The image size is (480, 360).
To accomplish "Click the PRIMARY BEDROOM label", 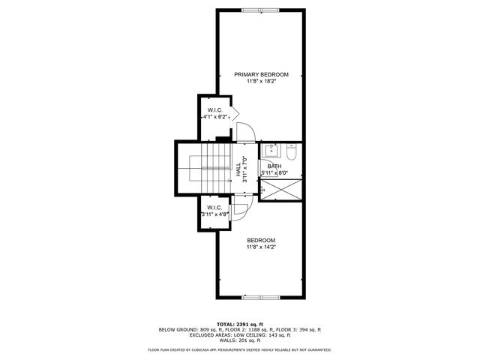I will coord(261,74).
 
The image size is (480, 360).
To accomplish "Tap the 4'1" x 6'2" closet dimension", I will coord(215,117).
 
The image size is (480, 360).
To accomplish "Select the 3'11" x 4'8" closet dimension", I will coord(214,214).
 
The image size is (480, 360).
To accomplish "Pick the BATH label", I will coord(274,166).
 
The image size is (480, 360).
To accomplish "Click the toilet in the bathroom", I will coord(292,153).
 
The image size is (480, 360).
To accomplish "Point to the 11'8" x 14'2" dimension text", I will coord(261,247).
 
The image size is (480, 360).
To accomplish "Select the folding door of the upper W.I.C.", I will coord(234,114).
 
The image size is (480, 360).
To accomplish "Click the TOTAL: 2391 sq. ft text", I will coord(239,323).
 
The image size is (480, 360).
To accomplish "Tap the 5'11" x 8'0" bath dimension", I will coord(274,173).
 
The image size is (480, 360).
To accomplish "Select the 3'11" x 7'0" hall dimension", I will coord(245,169).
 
